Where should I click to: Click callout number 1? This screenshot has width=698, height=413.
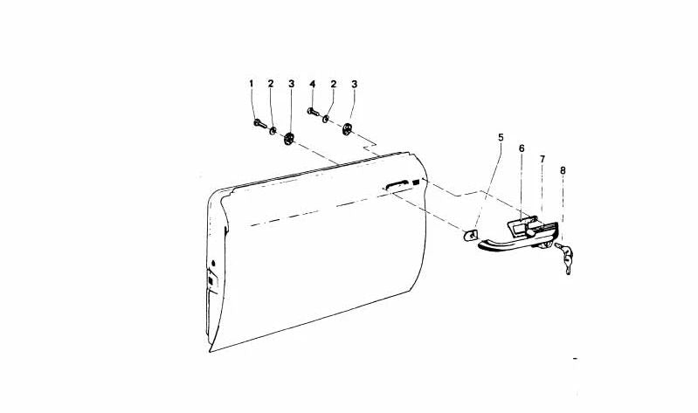point(251,83)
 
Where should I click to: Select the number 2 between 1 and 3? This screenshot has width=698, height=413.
point(271,83)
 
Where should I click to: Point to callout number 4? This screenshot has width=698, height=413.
point(313,84)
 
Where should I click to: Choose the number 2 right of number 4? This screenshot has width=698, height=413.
point(334,84)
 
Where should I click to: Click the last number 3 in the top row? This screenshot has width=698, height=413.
point(355,84)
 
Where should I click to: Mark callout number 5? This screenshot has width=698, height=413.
point(501,137)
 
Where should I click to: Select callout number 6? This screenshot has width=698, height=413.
point(522,148)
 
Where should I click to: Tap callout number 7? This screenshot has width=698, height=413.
point(543,159)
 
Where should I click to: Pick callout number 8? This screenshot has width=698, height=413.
point(563,170)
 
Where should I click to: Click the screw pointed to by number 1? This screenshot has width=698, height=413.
point(260,123)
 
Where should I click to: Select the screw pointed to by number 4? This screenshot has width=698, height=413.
point(314,111)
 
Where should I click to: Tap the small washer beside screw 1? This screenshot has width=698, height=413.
point(273,130)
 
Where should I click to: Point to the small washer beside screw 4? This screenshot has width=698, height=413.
point(326,119)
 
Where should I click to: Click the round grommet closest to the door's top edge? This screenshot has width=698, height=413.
point(347,129)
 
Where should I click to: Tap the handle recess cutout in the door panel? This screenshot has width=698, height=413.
point(397,184)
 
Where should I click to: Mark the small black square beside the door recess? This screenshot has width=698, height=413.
point(416,182)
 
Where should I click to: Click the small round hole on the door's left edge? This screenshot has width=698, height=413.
point(213,263)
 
